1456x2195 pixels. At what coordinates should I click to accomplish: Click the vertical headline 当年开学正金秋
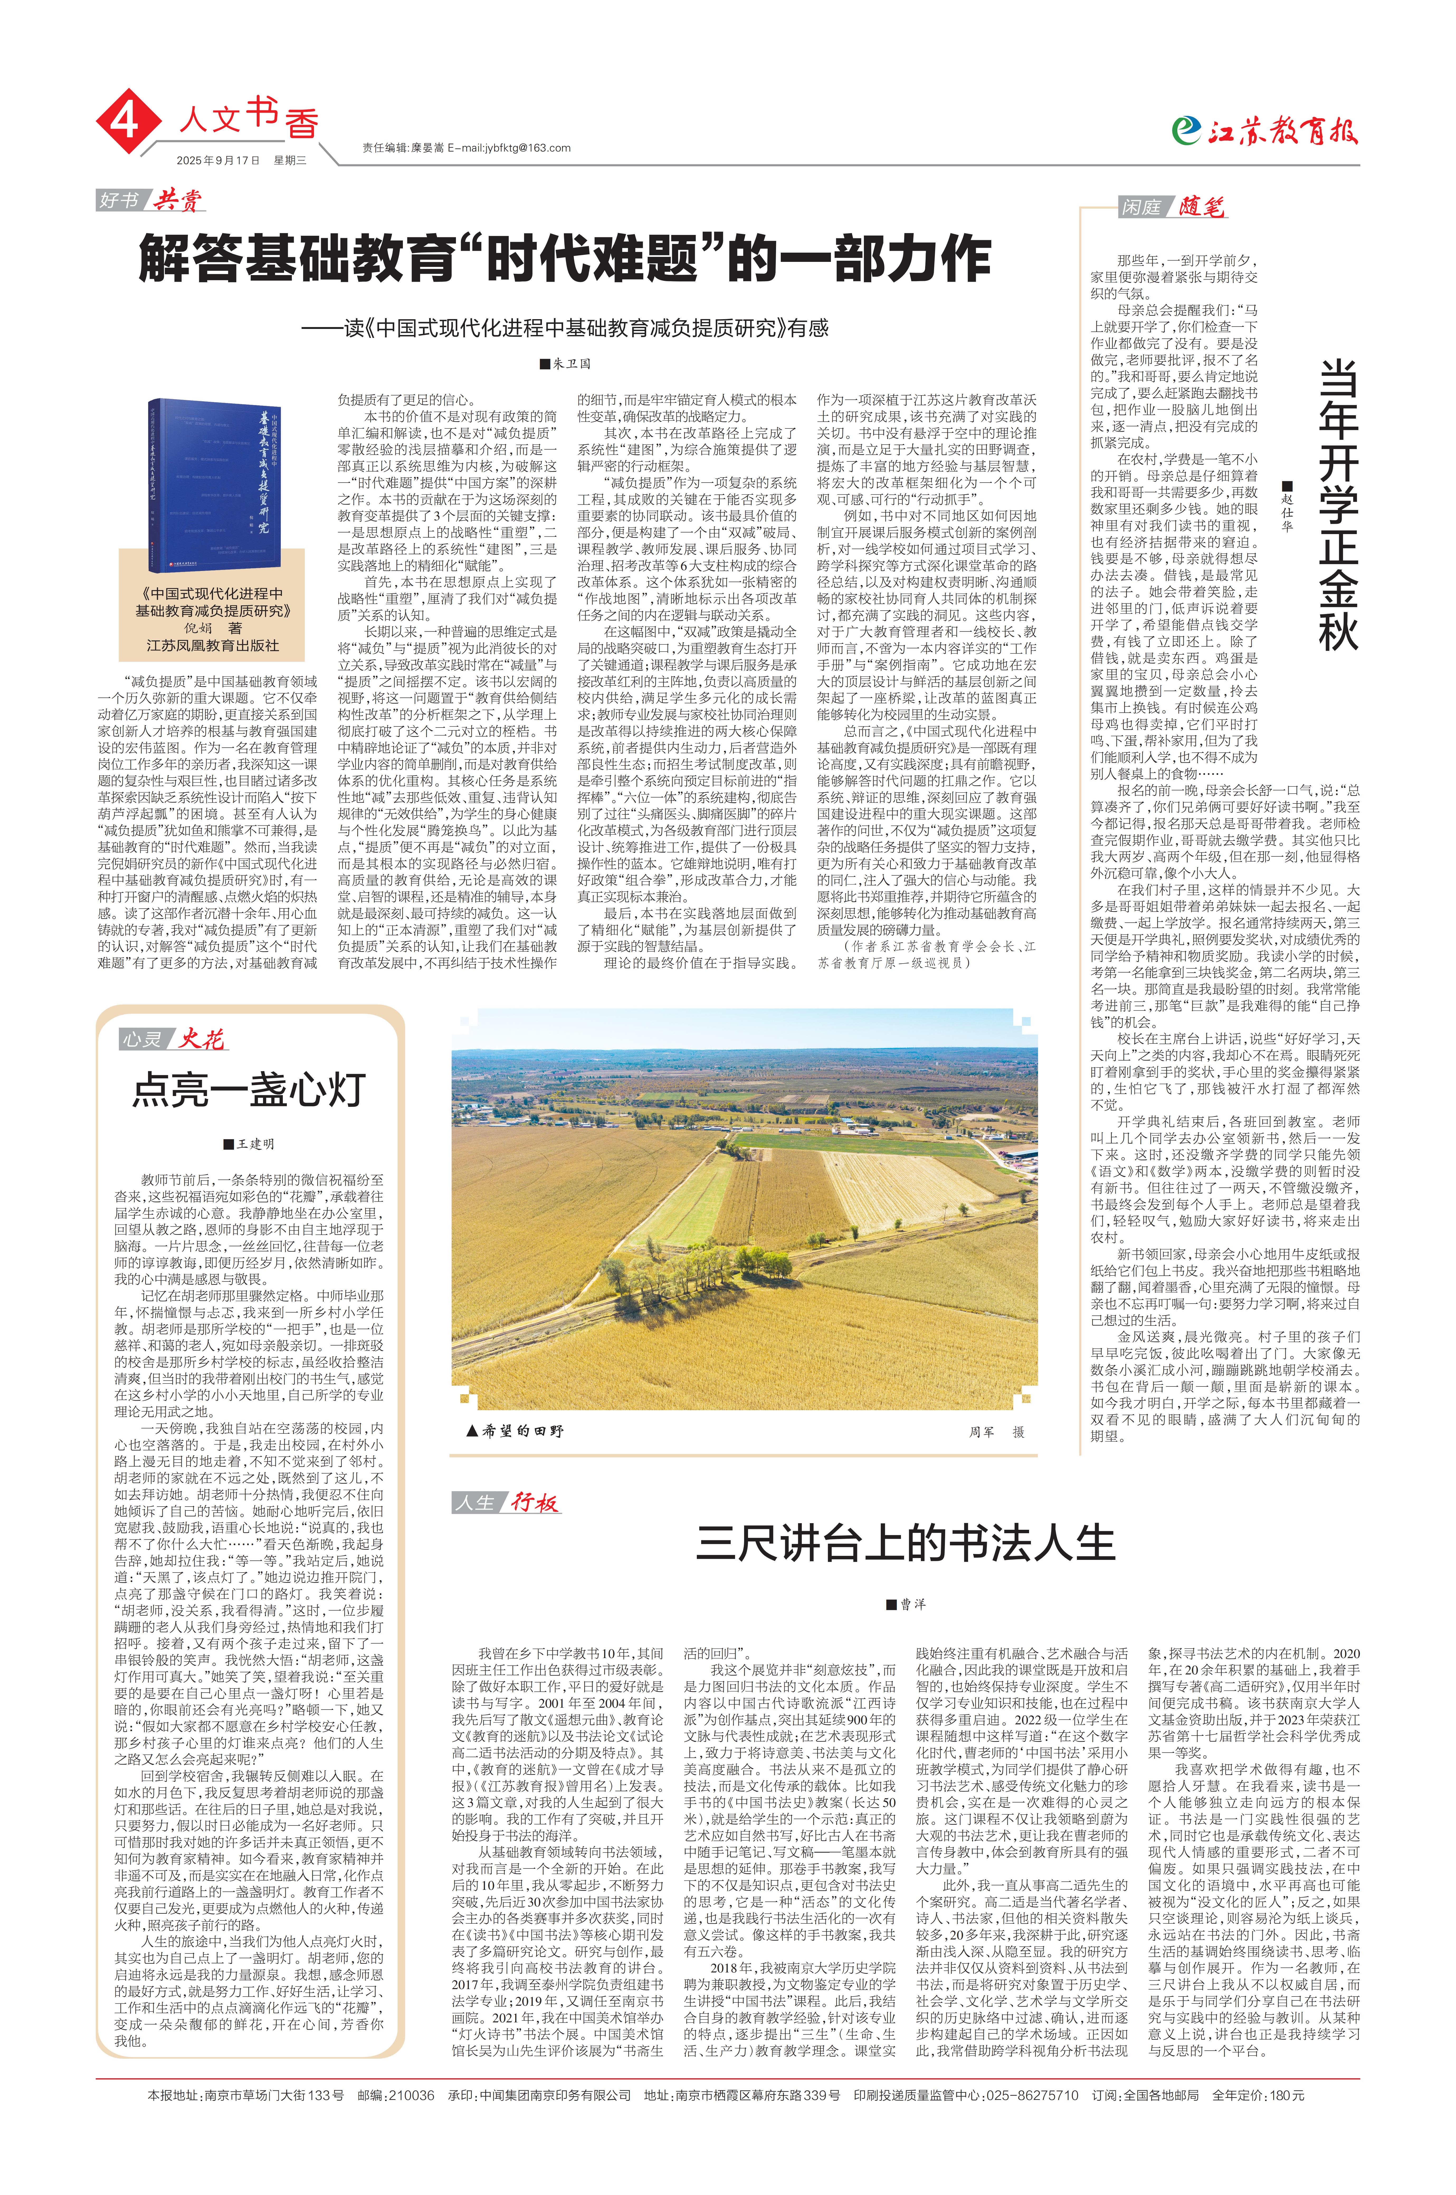tap(1337, 506)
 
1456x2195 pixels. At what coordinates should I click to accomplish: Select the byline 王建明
tap(249, 1144)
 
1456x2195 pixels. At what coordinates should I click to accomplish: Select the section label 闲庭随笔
tap(1172, 207)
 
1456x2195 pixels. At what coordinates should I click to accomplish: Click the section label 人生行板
tap(506, 1502)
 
